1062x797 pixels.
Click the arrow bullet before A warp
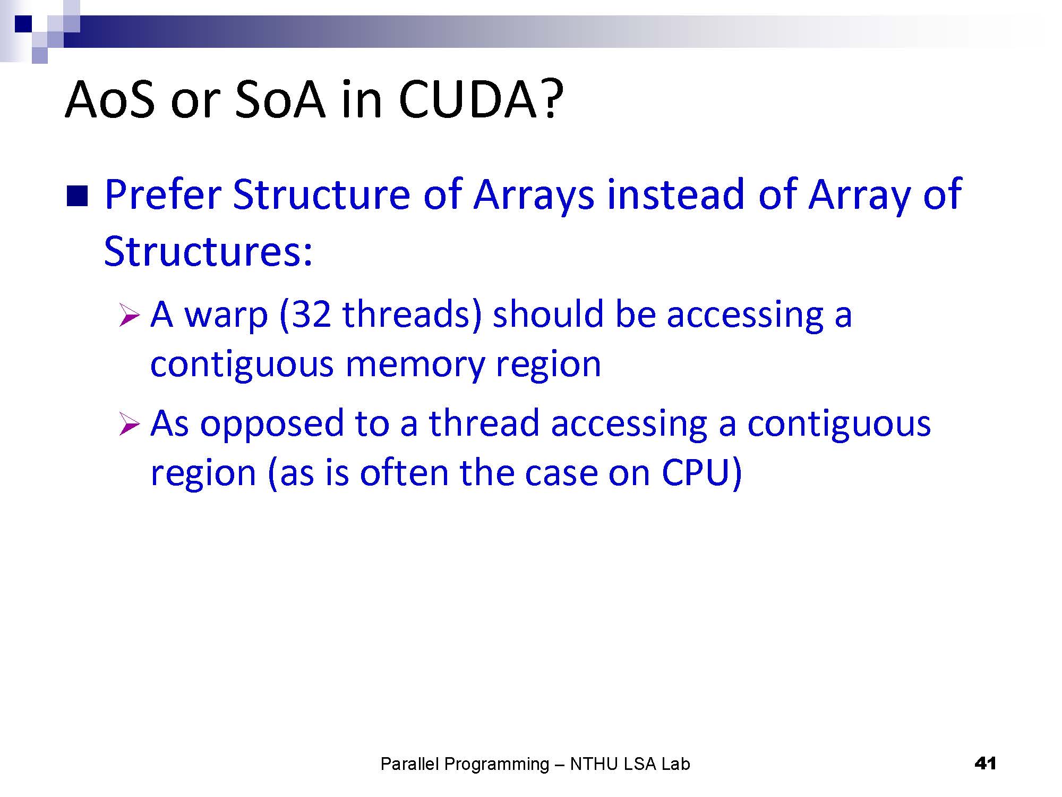click(x=130, y=315)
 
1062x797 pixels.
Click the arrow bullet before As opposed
click(x=130, y=424)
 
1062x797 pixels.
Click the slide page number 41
click(x=985, y=764)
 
